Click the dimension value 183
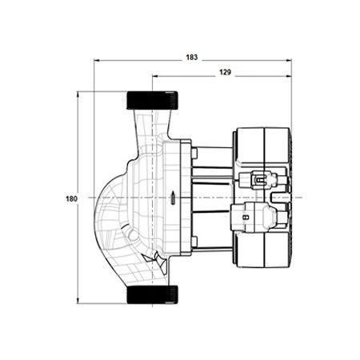pos(192,58)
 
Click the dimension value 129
pos(225,72)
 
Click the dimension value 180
pos(71,198)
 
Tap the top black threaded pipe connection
pos(152,100)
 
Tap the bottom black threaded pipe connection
pos(152,294)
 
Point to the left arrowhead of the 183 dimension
pos(97,61)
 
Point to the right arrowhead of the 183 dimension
pos(289,61)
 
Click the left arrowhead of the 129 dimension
pos(155,76)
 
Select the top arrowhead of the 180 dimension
pos(78,94)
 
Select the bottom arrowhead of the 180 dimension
pos(78,301)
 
